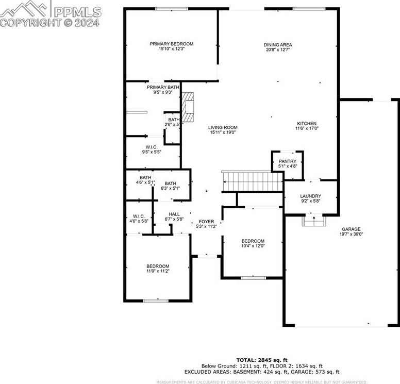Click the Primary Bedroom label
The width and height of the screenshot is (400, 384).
[x=171, y=46]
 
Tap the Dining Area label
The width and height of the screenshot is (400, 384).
[x=278, y=47]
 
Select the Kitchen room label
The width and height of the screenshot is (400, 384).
[x=307, y=126]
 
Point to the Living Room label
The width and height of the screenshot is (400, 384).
[x=223, y=130]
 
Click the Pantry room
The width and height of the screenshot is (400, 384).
[x=287, y=163]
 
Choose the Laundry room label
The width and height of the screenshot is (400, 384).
[x=311, y=198]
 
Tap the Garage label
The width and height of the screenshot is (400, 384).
[x=351, y=232]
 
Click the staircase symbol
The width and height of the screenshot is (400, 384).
[x=252, y=181]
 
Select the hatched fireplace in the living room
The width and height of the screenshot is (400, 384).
[x=189, y=107]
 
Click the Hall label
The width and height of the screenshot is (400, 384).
[x=160, y=216]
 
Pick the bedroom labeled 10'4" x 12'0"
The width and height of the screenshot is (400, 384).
[x=253, y=244]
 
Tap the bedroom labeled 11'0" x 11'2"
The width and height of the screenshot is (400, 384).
[x=158, y=269]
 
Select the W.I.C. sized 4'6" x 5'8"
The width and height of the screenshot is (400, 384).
[x=138, y=219]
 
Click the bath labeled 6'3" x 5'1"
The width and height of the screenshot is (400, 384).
[x=170, y=186]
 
